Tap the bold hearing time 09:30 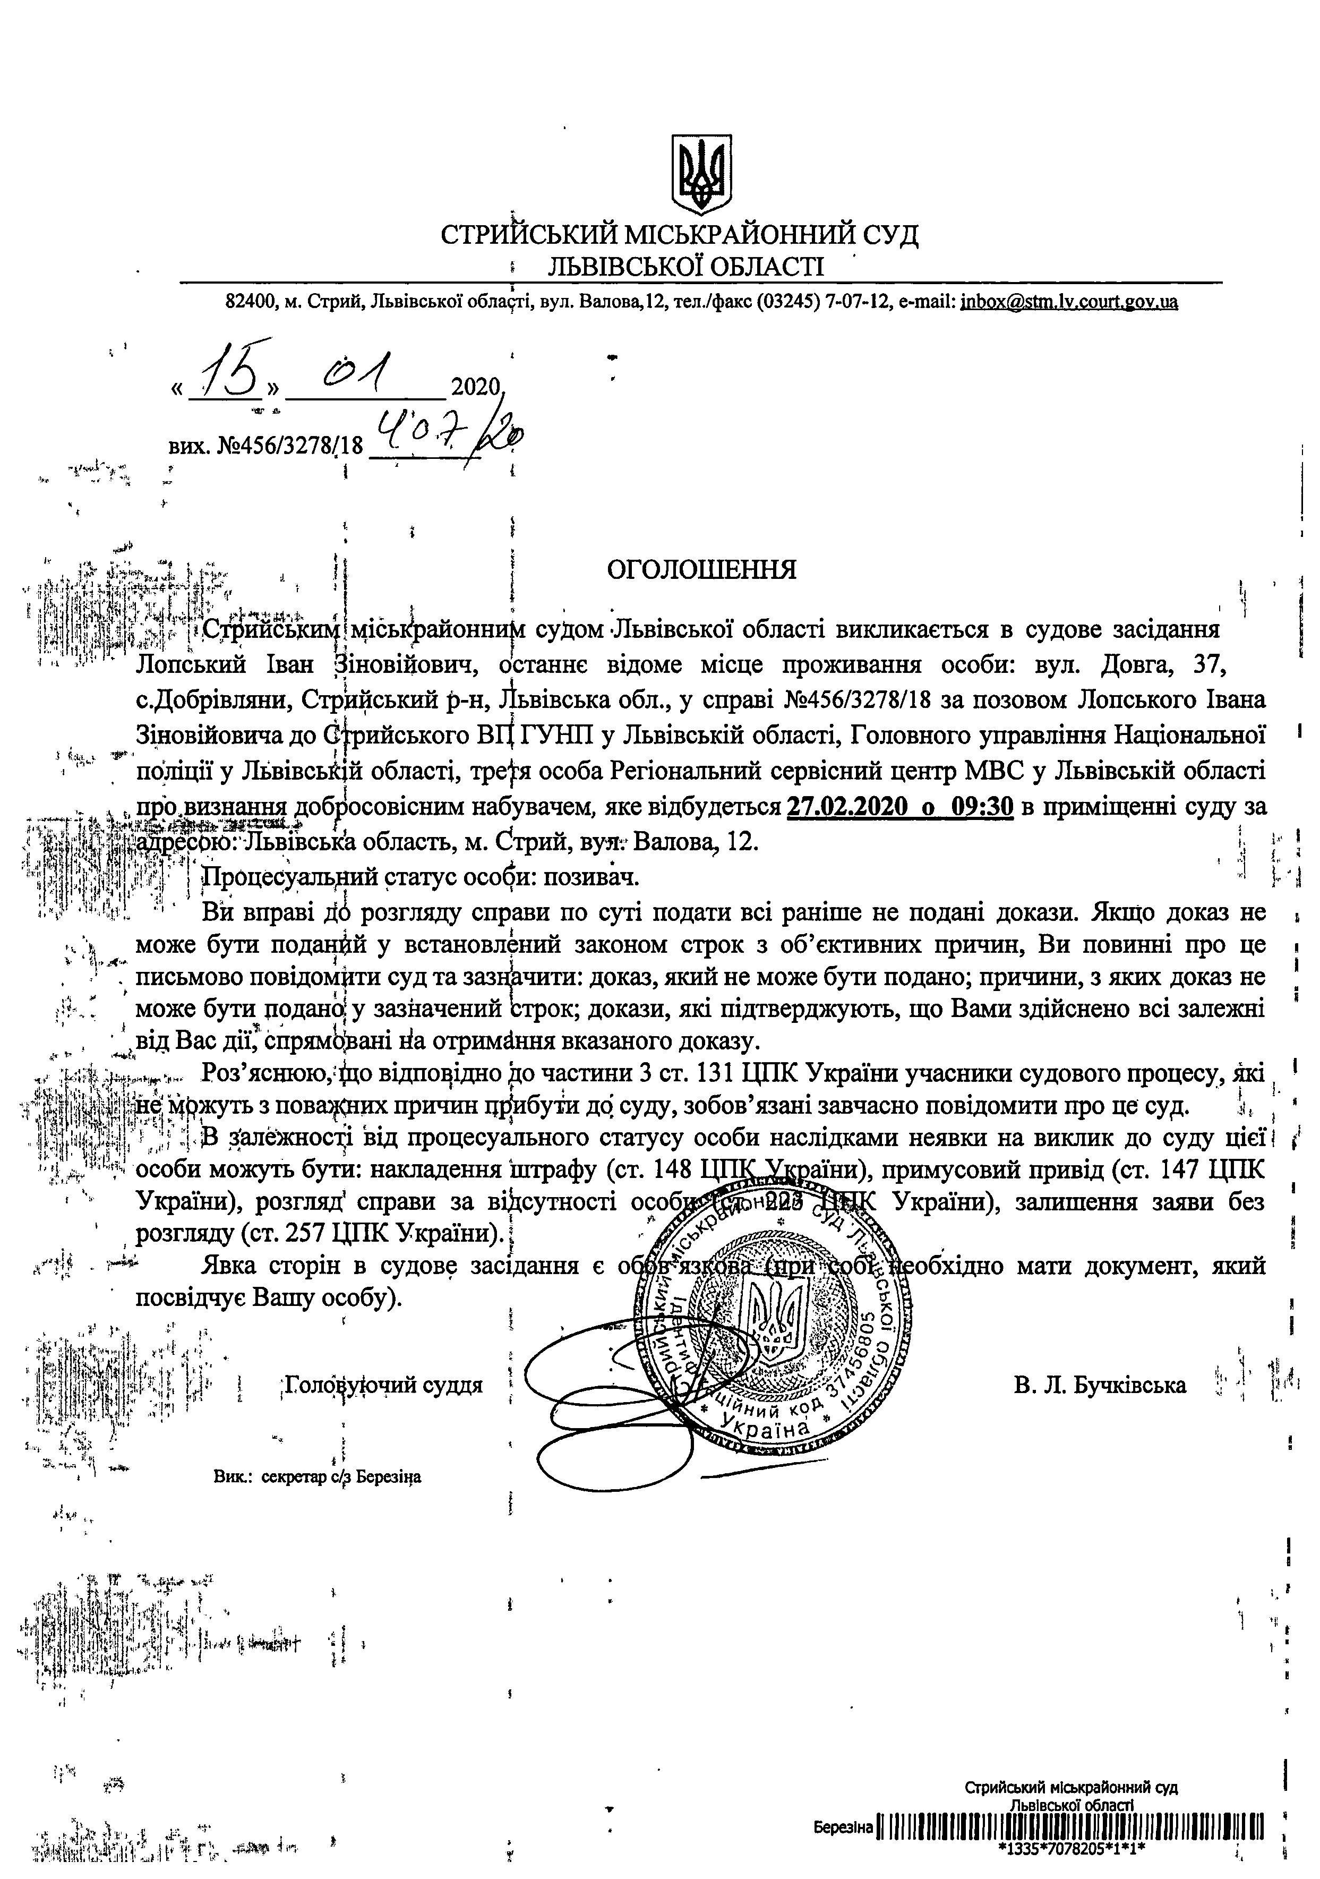[982, 807]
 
